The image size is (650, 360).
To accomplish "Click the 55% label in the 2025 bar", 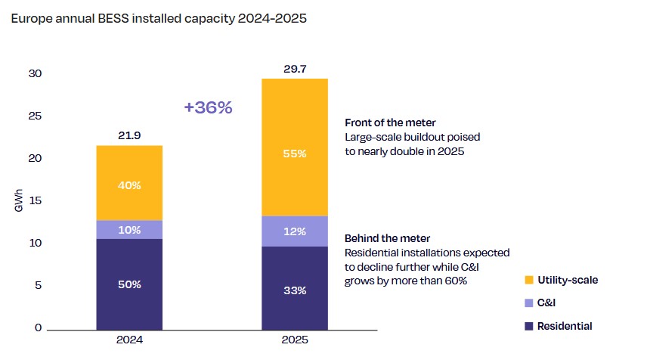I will click(295, 154).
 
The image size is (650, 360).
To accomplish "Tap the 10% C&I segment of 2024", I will click(129, 230).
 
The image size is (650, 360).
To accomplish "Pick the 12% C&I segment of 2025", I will click(295, 231).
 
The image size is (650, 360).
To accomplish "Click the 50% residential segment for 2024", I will click(129, 284).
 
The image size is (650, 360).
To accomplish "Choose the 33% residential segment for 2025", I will click(295, 290).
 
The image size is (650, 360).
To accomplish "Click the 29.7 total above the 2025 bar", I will click(295, 68).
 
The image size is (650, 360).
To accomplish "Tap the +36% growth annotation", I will click(208, 107).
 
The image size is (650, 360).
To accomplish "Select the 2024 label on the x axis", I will click(129, 340).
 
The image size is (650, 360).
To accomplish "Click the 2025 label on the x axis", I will click(295, 340).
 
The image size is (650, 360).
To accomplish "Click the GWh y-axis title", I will click(19, 202).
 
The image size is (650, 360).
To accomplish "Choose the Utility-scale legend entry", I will click(566, 280).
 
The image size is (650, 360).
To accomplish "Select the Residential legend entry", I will click(565, 326).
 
